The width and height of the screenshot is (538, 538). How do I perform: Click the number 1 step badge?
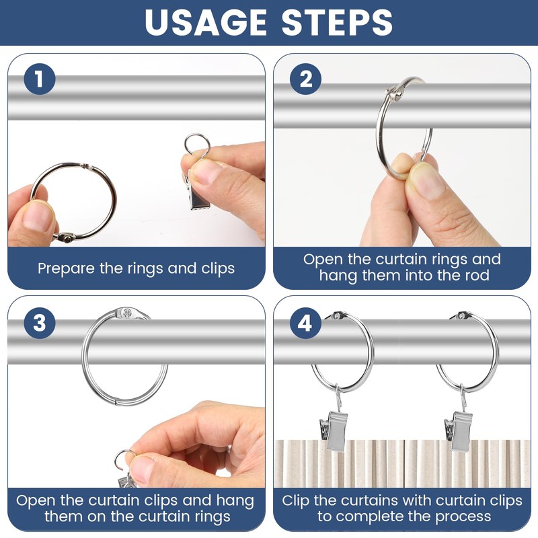point(40,79)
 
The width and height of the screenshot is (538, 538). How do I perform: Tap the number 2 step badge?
point(305,79)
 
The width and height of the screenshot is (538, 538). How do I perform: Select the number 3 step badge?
point(40,323)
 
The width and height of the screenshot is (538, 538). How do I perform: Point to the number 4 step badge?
point(305,323)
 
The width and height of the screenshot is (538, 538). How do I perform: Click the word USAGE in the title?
point(206,22)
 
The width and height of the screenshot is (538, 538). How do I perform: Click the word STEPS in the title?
point(337,22)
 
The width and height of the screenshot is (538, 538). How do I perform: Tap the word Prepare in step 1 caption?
point(67,268)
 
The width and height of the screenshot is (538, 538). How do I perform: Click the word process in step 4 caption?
point(463,516)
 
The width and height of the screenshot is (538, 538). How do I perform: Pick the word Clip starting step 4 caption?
point(295,500)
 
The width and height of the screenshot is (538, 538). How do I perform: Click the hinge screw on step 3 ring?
point(127,313)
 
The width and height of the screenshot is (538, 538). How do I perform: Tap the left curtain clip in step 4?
point(334,430)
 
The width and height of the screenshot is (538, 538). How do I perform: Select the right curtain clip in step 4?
point(459,430)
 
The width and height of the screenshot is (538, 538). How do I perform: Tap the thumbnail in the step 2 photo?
point(426,182)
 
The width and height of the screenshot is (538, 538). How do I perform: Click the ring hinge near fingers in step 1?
point(65,237)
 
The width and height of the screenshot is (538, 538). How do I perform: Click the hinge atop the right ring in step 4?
point(461,315)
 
